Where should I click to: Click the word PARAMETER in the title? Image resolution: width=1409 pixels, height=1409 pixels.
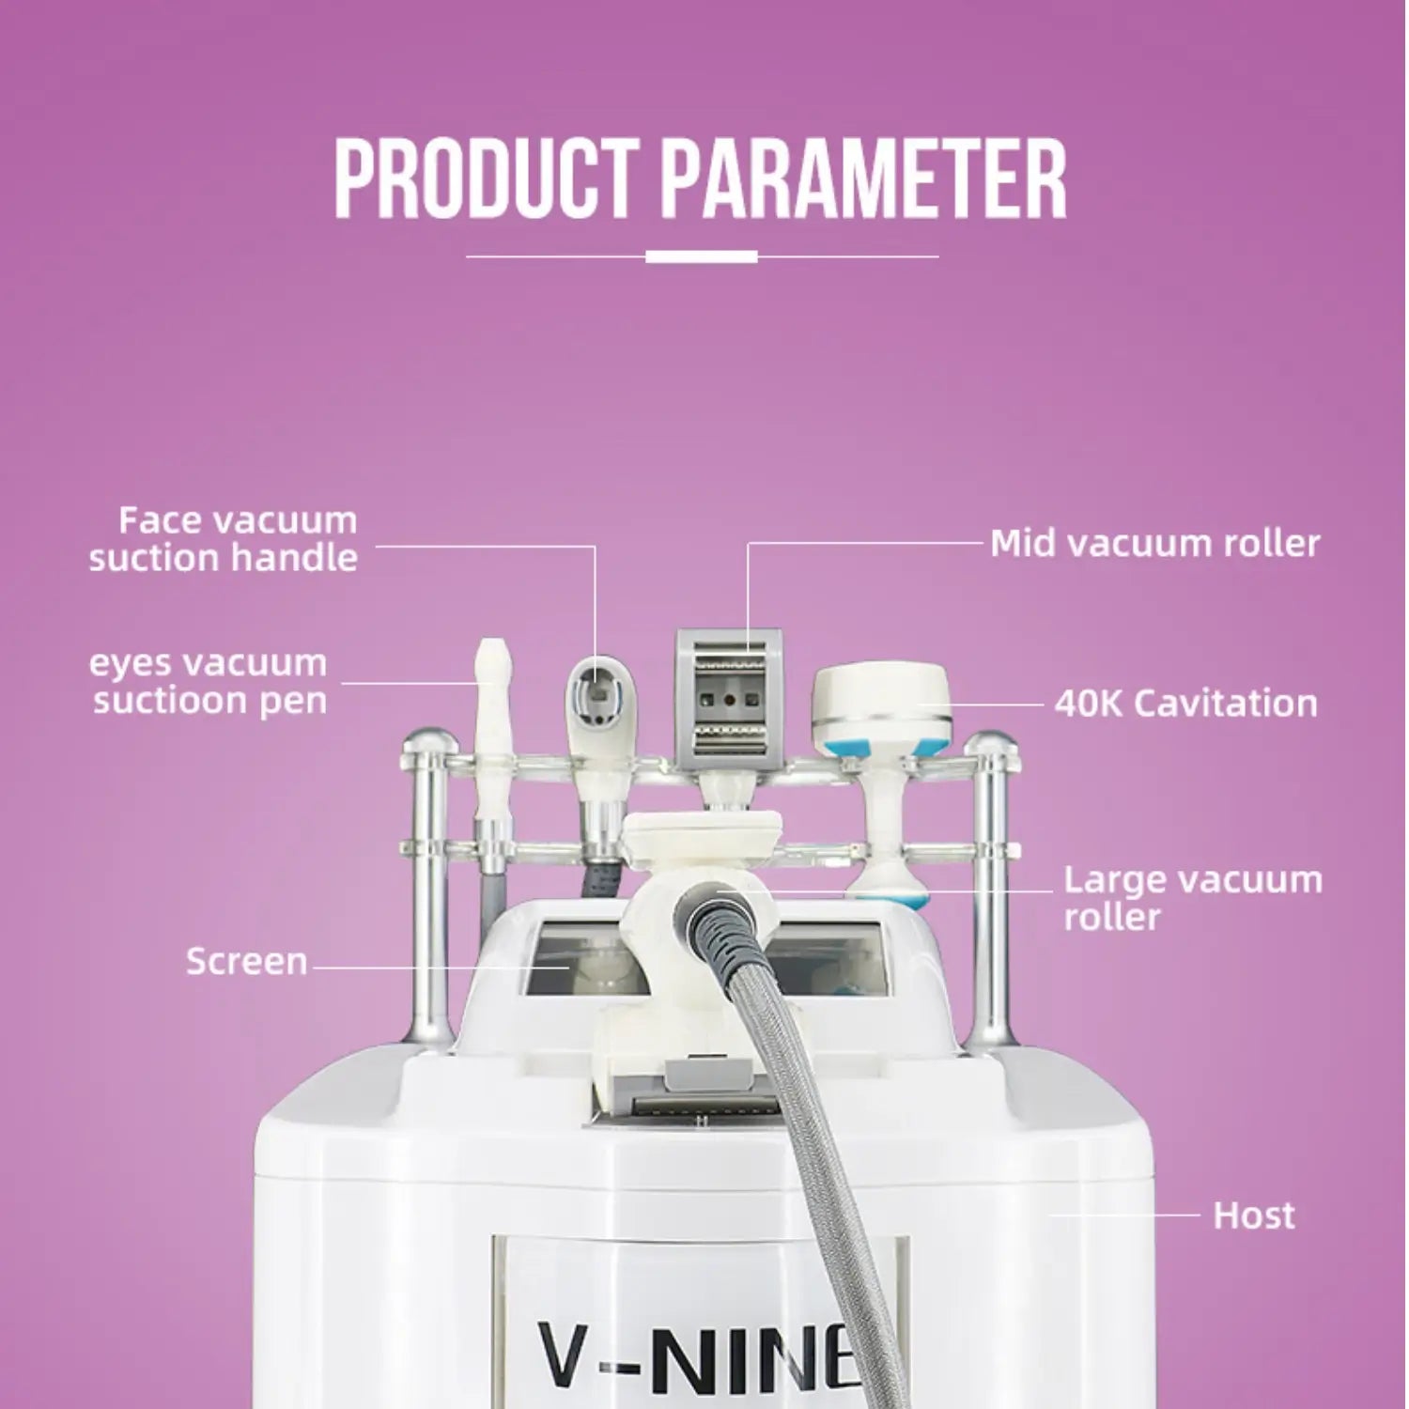863,178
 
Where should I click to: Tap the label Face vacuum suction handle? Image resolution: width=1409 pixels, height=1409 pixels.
224,539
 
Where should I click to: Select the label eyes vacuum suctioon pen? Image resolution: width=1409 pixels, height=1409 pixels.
209,681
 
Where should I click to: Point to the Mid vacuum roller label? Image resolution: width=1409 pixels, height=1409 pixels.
1154,543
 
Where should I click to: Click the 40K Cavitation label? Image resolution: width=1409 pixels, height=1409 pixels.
1185,703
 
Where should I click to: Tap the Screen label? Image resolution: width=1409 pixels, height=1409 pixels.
246,961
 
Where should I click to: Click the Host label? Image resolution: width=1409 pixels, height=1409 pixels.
1253,1215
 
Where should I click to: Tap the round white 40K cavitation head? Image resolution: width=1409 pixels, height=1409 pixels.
881,700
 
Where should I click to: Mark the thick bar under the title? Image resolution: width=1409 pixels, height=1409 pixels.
702,256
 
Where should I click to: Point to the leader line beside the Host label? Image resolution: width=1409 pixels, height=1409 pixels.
1123,1215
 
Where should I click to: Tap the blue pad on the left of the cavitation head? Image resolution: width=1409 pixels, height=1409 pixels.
842,746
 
